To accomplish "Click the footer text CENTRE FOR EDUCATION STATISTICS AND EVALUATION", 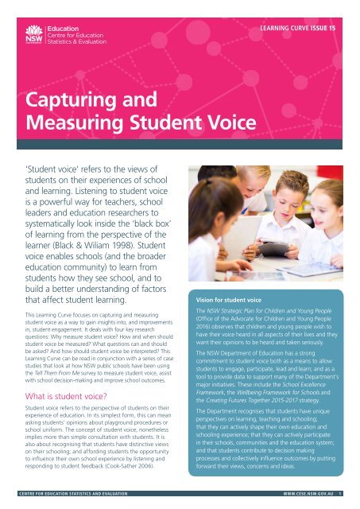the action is click(71, 502).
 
